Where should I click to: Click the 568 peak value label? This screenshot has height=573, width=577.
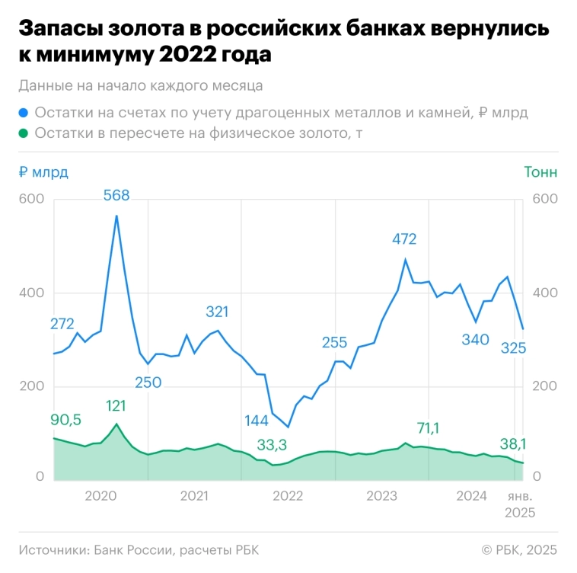pyautogui.click(x=116, y=195)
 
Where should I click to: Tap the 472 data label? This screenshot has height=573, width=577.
pyautogui.click(x=404, y=239)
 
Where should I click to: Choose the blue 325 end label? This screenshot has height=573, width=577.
pyautogui.click(x=518, y=348)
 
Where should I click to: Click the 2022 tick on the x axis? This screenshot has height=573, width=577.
pyautogui.click(x=288, y=496)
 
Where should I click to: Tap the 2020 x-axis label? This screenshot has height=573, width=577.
pyautogui.click(x=100, y=496)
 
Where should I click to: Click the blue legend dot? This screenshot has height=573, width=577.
pyautogui.click(x=24, y=113)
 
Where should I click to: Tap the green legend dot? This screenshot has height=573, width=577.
pyautogui.click(x=24, y=133)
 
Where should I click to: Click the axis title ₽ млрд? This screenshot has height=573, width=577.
pyautogui.click(x=43, y=172)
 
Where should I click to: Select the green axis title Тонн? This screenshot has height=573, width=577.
pyautogui.click(x=540, y=172)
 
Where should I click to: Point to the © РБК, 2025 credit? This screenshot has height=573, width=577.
pyautogui.click(x=519, y=549)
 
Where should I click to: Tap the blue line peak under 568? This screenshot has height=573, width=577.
pyautogui.click(x=116, y=216)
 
